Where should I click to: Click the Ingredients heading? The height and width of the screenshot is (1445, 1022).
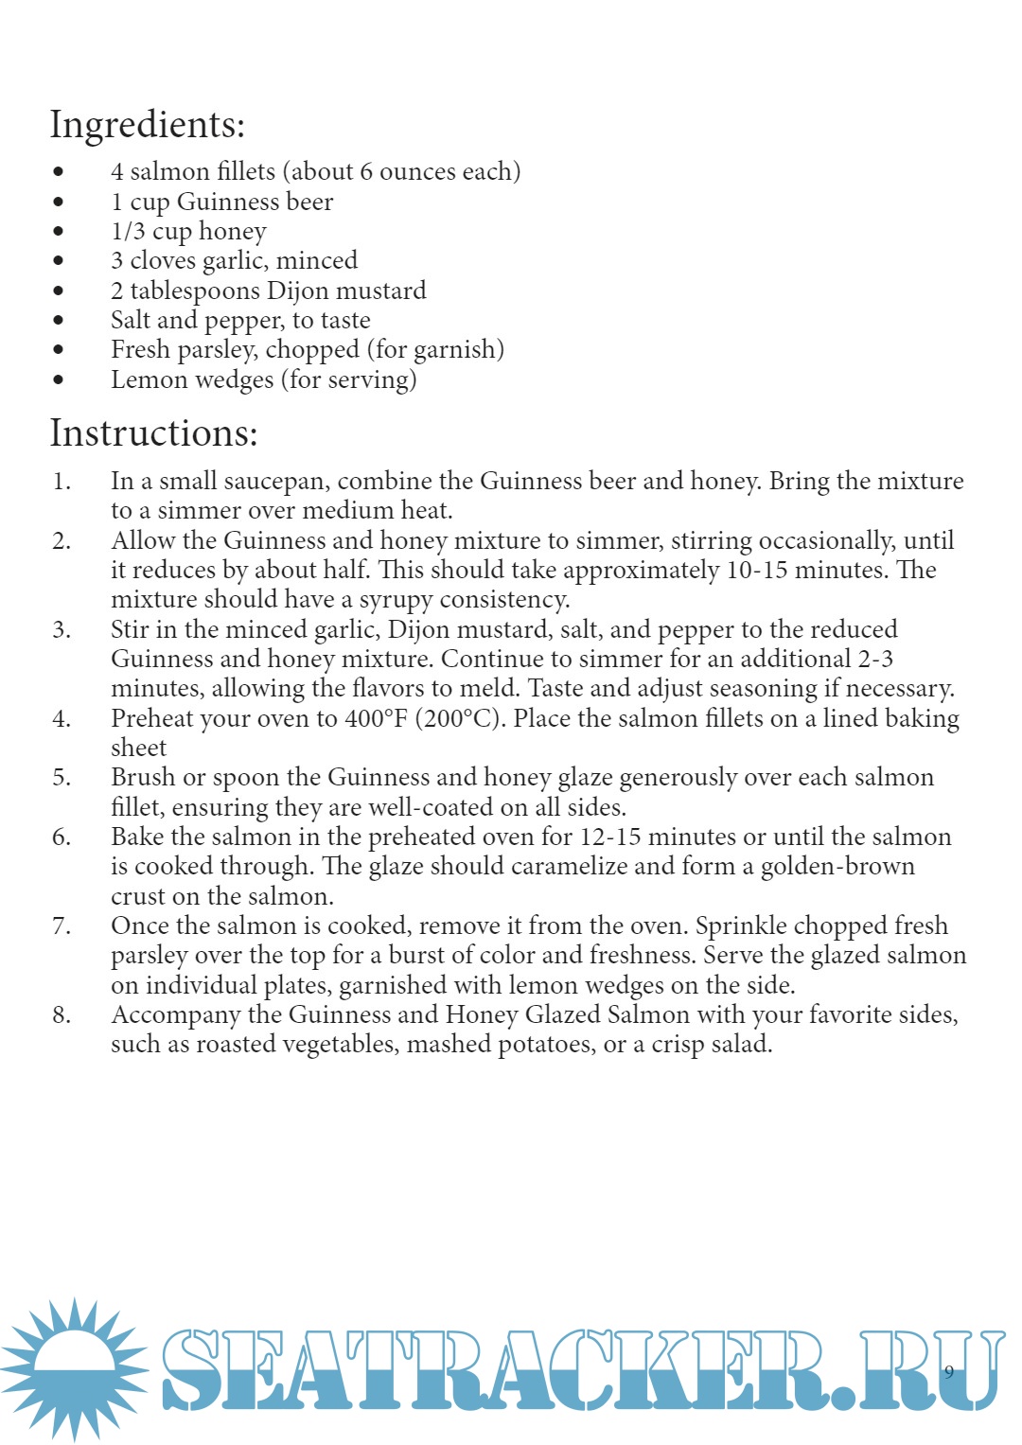(x=147, y=125)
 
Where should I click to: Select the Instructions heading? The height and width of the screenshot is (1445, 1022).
(x=153, y=433)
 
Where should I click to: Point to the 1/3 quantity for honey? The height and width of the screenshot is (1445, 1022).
(x=128, y=232)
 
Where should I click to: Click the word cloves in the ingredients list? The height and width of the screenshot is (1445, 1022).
(x=163, y=261)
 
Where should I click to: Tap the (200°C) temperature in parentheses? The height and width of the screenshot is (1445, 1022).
(x=461, y=719)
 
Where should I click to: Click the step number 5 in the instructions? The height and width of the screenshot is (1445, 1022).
(x=61, y=778)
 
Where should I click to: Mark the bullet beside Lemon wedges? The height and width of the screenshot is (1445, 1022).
(x=59, y=380)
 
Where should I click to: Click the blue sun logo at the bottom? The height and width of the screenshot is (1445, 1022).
(x=74, y=1367)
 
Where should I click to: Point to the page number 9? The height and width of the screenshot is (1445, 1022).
(x=949, y=1372)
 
